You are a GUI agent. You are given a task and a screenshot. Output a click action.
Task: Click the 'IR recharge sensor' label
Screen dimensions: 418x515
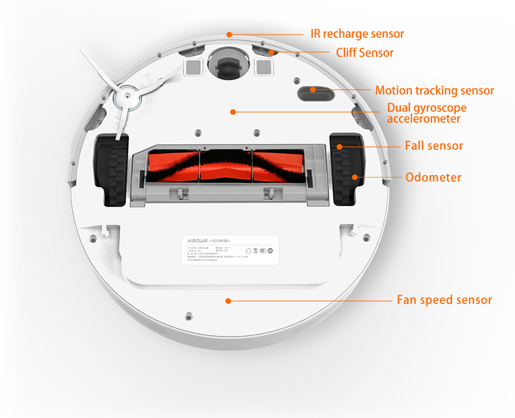click(x=357, y=34)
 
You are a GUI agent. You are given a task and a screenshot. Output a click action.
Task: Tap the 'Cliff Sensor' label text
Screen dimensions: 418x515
click(x=365, y=53)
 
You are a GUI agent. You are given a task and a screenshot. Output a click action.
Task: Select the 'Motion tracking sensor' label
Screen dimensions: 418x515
click(x=434, y=91)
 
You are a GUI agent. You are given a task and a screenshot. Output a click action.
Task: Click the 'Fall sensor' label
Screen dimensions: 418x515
click(x=434, y=146)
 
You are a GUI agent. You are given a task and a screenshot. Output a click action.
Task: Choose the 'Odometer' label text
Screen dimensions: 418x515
click(x=433, y=177)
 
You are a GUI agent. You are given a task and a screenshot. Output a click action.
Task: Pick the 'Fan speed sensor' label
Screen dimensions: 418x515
click(x=444, y=300)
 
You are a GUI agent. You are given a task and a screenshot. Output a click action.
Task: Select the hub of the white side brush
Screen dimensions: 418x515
click(x=125, y=98)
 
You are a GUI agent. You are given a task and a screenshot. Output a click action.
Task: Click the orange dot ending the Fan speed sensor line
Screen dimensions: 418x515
click(x=228, y=300)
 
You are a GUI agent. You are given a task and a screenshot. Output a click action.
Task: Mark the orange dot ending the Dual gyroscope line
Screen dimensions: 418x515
click(x=233, y=111)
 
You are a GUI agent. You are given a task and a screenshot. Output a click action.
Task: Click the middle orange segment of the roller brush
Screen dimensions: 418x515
click(x=225, y=166)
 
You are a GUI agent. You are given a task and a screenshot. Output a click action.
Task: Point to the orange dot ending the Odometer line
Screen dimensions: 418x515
click(x=355, y=177)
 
